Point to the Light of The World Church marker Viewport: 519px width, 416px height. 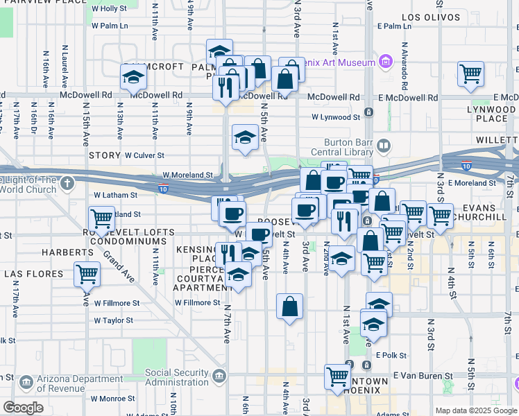click(x=67, y=184)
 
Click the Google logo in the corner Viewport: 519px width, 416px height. click(x=23, y=408)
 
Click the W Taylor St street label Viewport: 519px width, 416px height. click(x=114, y=320)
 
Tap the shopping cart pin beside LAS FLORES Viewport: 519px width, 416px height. click(x=87, y=273)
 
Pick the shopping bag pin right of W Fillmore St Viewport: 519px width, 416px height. click(x=289, y=305)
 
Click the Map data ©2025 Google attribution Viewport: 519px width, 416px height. click(x=475, y=410)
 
